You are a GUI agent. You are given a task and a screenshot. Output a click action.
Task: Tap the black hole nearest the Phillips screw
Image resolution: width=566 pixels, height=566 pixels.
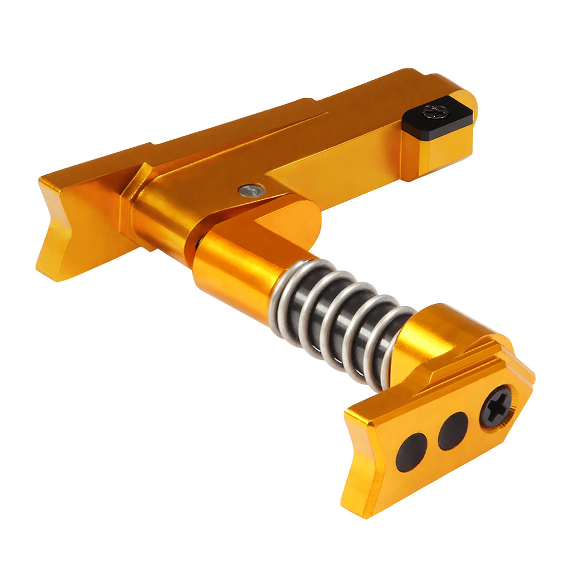tap(453, 430)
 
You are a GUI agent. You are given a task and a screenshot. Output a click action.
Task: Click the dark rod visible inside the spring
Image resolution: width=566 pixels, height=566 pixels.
tap(340, 328)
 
